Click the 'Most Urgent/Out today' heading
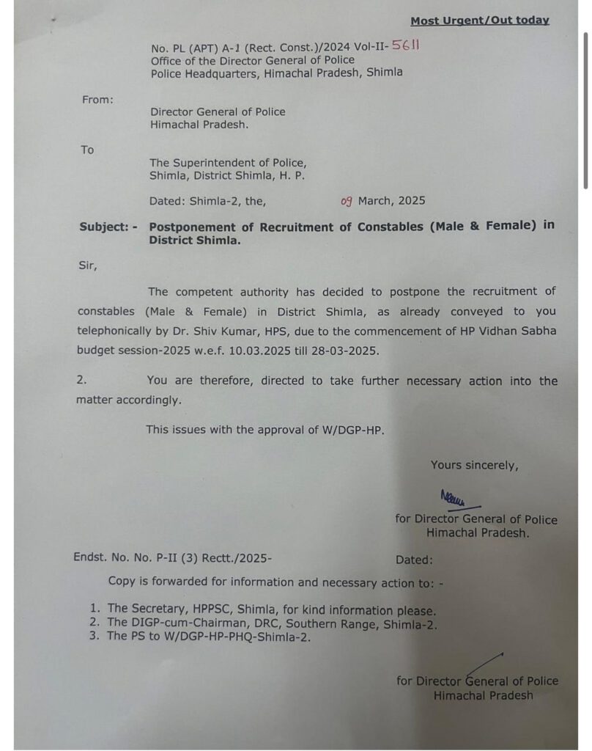click(479, 21)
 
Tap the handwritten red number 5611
click(406, 46)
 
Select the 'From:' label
click(97, 100)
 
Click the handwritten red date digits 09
click(347, 200)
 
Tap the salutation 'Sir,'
click(87, 266)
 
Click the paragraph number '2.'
click(81, 381)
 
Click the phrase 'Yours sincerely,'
click(474, 465)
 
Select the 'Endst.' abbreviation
click(89, 558)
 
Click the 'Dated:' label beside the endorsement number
click(414, 560)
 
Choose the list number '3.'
click(95, 637)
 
